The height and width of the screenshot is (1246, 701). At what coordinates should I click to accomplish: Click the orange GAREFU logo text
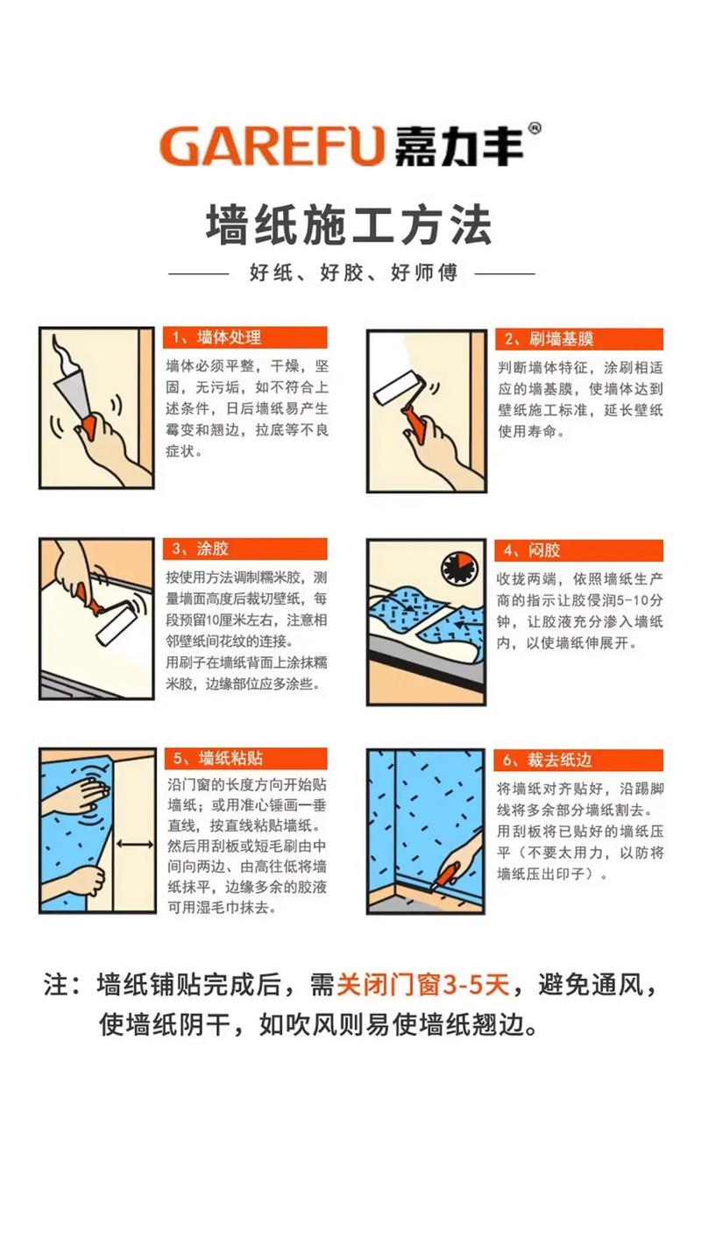[x=272, y=145]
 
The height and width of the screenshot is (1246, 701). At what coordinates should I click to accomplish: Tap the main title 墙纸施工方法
[x=350, y=224]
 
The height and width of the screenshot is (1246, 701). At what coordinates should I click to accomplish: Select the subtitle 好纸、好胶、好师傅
[x=352, y=273]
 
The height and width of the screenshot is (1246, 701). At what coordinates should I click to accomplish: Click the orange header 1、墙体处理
[x=244, y=337]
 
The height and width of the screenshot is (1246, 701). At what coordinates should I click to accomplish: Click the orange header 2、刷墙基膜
[x=579, y=338]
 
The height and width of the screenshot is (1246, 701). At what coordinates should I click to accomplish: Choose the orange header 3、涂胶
[x=244, y=549]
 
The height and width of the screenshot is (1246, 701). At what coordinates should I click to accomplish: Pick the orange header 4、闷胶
[x=579, y=550]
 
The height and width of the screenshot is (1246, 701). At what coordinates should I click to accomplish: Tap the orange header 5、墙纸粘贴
[x=244, y=758]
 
